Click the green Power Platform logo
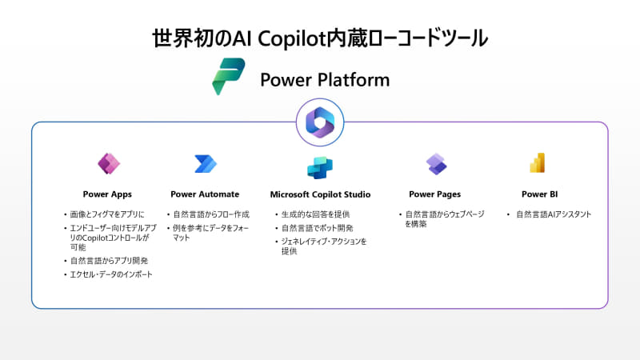(229, 76)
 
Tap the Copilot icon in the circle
(320, 122)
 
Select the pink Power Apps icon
(109, 164)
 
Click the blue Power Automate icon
(206, 164)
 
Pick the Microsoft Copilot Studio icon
(320, 168)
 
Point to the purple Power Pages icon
(436, 164)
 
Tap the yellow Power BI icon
(538, 163)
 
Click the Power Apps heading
(107, 194)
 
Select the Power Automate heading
(205, 194)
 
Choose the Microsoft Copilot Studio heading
(321, 194)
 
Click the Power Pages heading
(434, 194)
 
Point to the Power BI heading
(539, 194)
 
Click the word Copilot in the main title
(291, 38)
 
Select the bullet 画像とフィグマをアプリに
(107, 214)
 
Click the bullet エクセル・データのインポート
(111, 274)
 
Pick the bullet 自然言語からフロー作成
(211, 214)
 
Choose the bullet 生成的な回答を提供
(315, 214)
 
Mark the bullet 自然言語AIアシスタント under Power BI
(554, 214)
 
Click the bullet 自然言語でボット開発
(317, 228)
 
